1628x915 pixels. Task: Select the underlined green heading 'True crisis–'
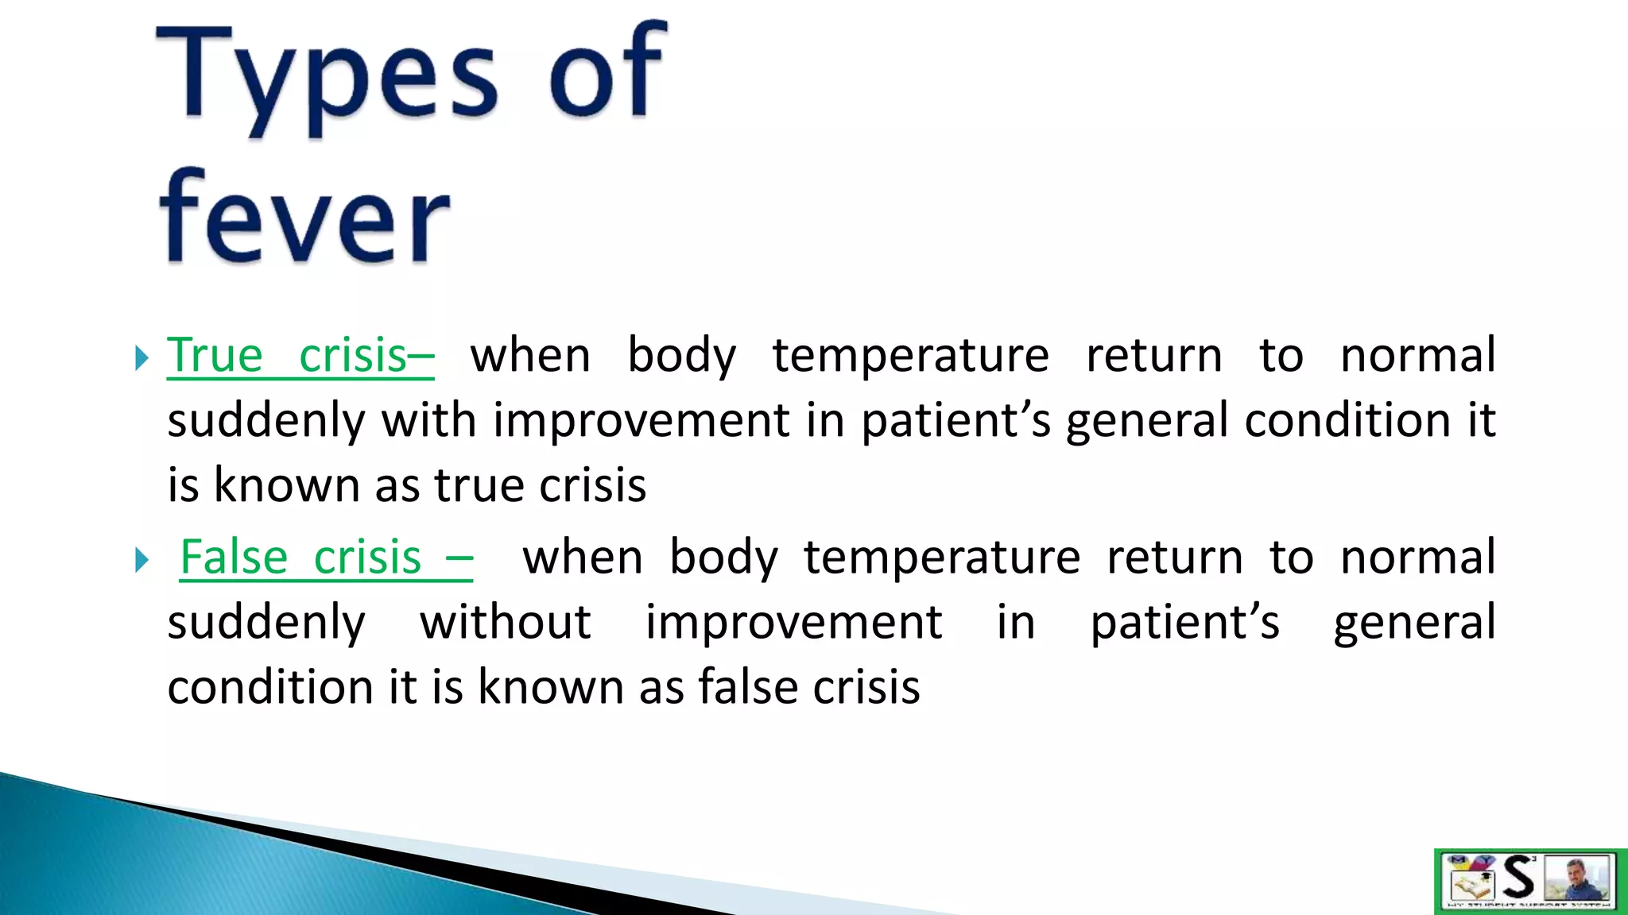point(300,355)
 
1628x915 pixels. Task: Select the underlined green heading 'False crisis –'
point(326,558)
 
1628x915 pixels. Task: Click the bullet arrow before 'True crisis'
point(141,358)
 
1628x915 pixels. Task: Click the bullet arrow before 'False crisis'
point(141,561)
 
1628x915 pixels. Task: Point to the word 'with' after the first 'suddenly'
point(428,420)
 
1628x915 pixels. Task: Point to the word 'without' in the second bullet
point(505,622)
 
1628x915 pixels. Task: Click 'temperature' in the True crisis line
point(910,356)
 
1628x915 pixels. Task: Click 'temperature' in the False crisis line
point(941,558)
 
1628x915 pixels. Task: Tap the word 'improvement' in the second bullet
point(793,622)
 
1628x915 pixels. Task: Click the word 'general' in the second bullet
point(1414,623)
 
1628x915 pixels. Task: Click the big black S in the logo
point(1519,878)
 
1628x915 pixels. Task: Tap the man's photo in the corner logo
point(1579,878)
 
